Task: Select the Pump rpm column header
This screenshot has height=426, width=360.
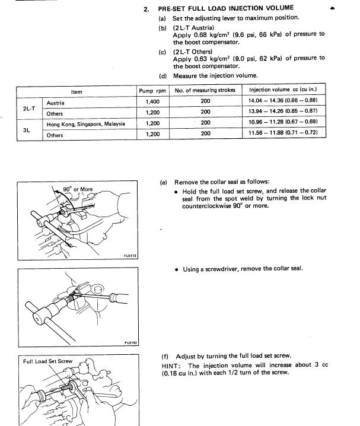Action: (x=153, y=91)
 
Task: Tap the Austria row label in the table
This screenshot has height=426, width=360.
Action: (x=56, y=103)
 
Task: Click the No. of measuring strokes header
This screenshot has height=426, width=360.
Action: (x=205, y=91)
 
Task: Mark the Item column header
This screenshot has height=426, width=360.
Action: (x=77, y=91)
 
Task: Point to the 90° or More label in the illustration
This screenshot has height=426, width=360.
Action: (x=78, y=190)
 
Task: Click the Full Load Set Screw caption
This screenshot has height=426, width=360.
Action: (x=47, y=361)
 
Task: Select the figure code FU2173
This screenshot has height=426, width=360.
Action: (x=130, y=256)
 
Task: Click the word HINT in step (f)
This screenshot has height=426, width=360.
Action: (x=172, y=365)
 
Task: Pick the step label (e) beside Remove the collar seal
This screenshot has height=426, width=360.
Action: (x=164, y=182)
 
